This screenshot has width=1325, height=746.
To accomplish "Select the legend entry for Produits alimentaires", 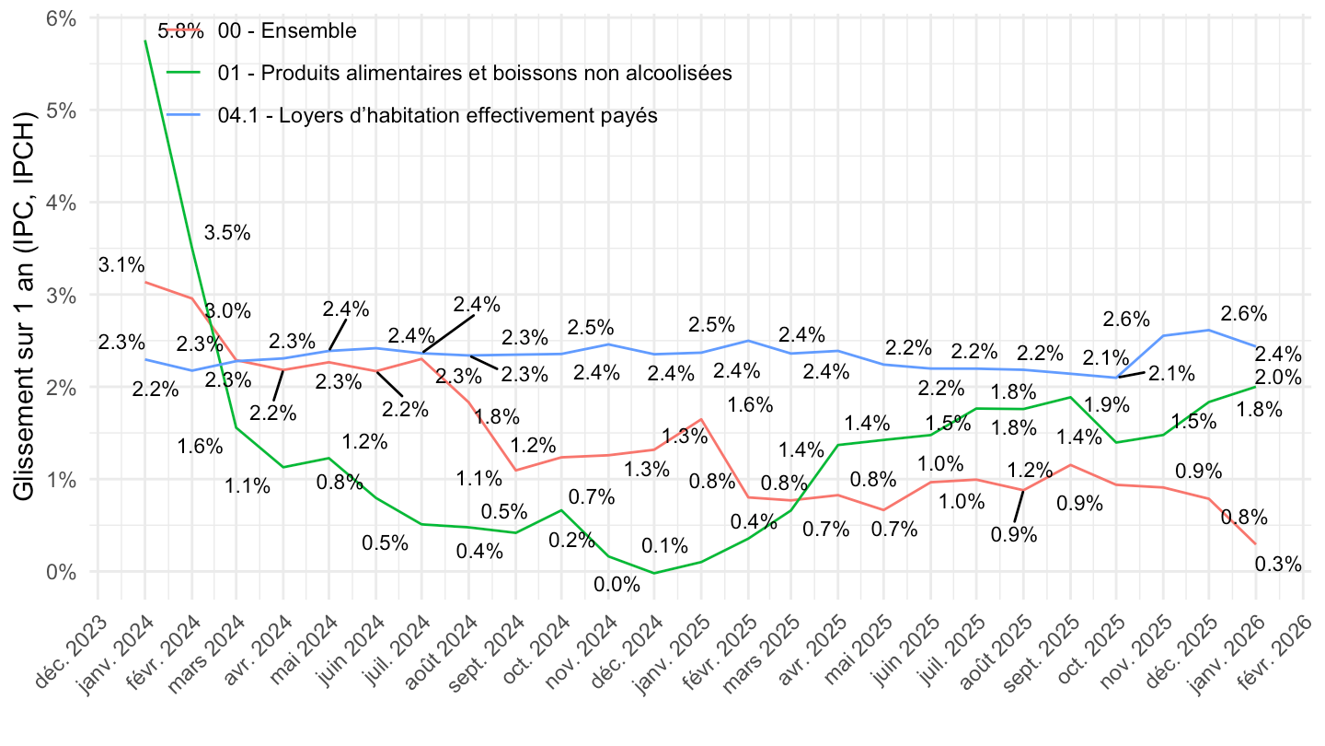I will (475, 73).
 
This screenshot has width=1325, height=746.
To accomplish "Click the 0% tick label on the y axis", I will (61, 572).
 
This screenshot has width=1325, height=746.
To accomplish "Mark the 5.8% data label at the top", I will (180, 30).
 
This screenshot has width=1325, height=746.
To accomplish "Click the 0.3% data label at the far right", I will (1278, 565).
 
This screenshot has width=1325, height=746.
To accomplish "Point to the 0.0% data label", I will (616, 585).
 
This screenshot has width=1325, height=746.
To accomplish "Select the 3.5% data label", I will (228, 233).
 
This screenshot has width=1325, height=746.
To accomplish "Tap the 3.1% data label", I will (121, 266).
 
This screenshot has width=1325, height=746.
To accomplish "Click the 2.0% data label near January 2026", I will (1278, 378).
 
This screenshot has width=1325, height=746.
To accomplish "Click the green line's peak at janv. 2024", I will (145, 41).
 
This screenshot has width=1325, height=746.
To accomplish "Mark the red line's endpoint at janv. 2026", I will (1256, 543).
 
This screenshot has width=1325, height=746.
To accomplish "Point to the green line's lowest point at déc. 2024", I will (654, 573).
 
